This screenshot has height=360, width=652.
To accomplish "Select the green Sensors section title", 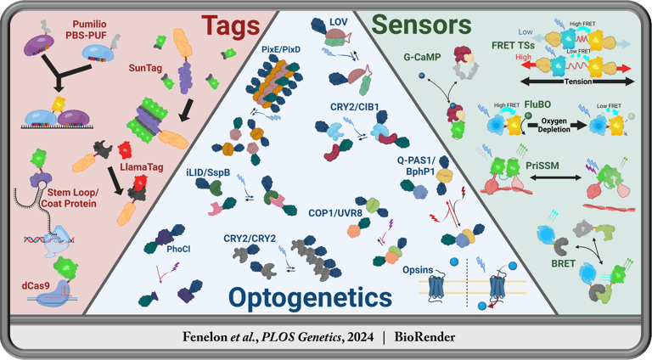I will click(424, 23).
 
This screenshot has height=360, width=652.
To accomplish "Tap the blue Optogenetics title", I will click(309, 297).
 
